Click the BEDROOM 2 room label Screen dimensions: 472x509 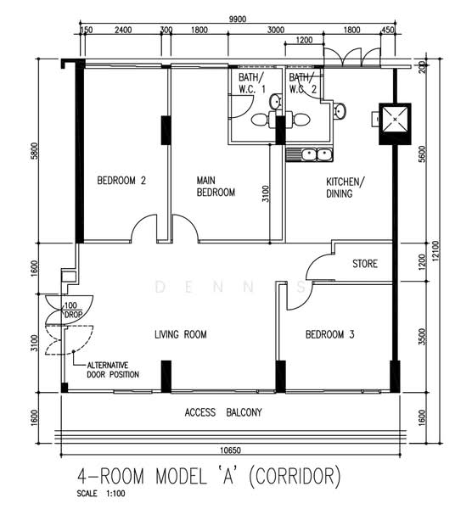pyautogui.click(x=121, y=181)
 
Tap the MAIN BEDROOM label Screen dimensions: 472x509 pyautogui.click(x=216, y=187)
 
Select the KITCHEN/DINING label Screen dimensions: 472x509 pyautogui.click(x=346, y=187)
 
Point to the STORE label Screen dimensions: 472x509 pyautogui.click(x=365, y=264)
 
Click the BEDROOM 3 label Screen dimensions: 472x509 pyautogui.click(x=329, y=334)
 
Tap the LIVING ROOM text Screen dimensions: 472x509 pyautogui.click(x=181, y=334)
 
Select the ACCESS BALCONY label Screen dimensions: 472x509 pyautogui.click(x=223, y=412)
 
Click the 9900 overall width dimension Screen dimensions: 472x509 pyautogui.click(x=238, y=20)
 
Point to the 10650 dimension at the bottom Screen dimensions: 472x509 pyautogui.click(x=231, y=450)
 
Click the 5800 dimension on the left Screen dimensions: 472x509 pyautogui.click(x=35, y=151)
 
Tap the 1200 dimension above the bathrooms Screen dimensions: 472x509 pyautogui.click(x=305, y=40)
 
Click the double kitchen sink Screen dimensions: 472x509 pyautogui.click(x=309, y=155)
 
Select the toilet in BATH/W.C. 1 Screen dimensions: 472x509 pyautogui.click(x=263, y=120)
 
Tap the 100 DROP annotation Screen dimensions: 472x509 pyautogui.click(x=72, y=310)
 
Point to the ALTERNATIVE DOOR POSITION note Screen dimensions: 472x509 pyautogui.click(x=113, y=370)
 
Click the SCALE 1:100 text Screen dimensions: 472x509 pyautogui.click(x=101, y=494)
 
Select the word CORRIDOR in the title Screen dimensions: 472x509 pyautogui.click(x=295, y=476)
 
